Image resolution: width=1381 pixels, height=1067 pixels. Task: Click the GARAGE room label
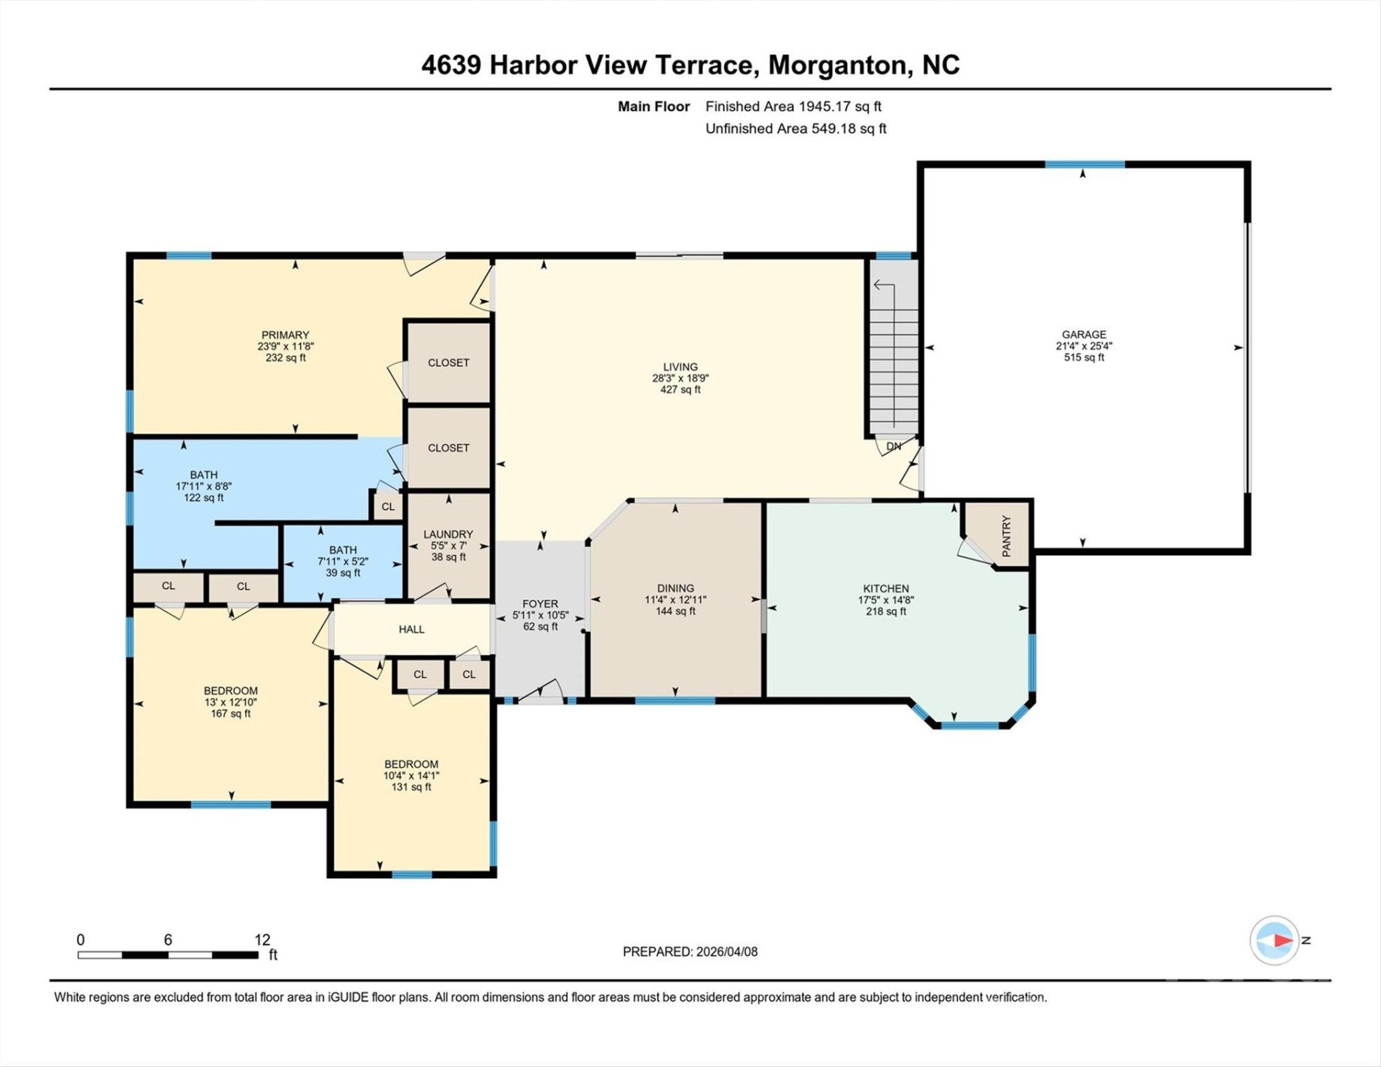tap(1084, 334)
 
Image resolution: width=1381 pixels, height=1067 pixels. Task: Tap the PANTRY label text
tap(1006, 536)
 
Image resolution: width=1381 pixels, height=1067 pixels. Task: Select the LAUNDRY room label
tap(448, 534)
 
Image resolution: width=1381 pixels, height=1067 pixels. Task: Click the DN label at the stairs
tap(894, 446)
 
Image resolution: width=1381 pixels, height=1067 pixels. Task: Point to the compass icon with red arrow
tap(1274, 940)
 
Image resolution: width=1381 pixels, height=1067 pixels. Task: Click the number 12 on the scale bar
tap(262, 940)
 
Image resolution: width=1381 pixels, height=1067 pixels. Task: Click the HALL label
tap(411, 629)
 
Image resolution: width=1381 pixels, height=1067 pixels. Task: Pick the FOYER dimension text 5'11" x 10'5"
tap(540, 615)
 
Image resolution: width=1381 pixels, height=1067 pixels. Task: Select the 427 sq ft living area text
tap(680, 389)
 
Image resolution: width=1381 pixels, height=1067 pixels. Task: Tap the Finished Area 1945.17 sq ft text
tap(793, 106)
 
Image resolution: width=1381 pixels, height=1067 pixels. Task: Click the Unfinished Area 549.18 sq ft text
tap(796, 128)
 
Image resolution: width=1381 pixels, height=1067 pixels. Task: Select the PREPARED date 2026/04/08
tap(690, 951)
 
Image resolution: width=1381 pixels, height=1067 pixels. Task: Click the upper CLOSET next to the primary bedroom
tap(448, 362)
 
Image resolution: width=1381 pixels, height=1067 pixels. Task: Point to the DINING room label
tap(675, 588)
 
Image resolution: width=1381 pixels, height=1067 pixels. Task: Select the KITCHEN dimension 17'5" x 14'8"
tap(886, 600)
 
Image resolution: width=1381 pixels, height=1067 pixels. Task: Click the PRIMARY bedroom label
tap(285, 335)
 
